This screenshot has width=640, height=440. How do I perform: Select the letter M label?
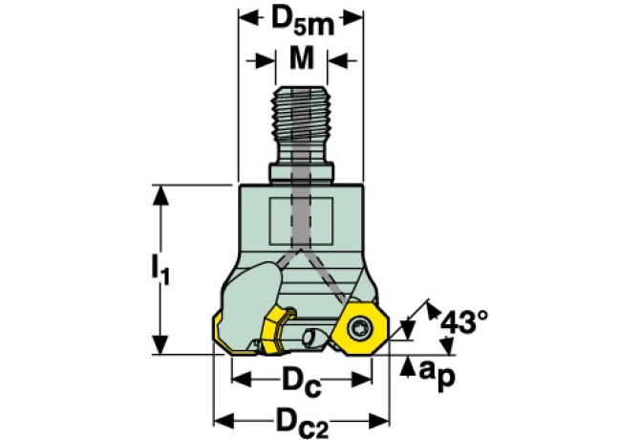click(x=301, y=58)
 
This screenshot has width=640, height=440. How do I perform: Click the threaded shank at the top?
click(x=301, y=123)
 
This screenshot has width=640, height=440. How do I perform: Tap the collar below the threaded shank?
click(x=300, y=173)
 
